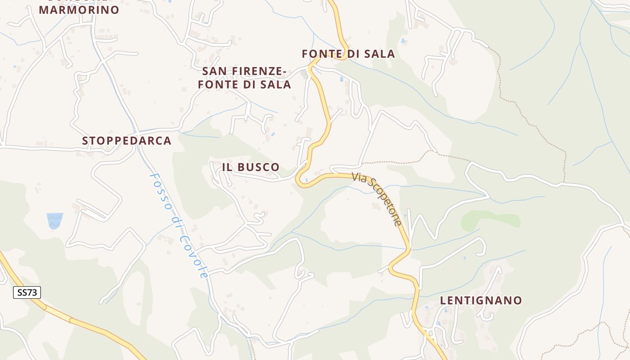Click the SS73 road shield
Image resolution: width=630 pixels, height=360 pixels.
(x=27, y=292)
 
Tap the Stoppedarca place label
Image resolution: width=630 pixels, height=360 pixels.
(x=126, y=141)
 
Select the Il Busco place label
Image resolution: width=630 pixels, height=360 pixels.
(x=251, y=167)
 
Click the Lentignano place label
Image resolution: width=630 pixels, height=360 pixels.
(x=481, y=300)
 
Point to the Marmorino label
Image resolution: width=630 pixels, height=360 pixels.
(x=79, y=9)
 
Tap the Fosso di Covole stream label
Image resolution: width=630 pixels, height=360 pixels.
(x=179, y=225)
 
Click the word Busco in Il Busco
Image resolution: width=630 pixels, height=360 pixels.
(x=258, y=167)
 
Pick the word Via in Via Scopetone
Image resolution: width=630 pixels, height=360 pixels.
(x=359, y=177)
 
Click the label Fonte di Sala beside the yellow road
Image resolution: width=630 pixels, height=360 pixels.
(x=348, y=54)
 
